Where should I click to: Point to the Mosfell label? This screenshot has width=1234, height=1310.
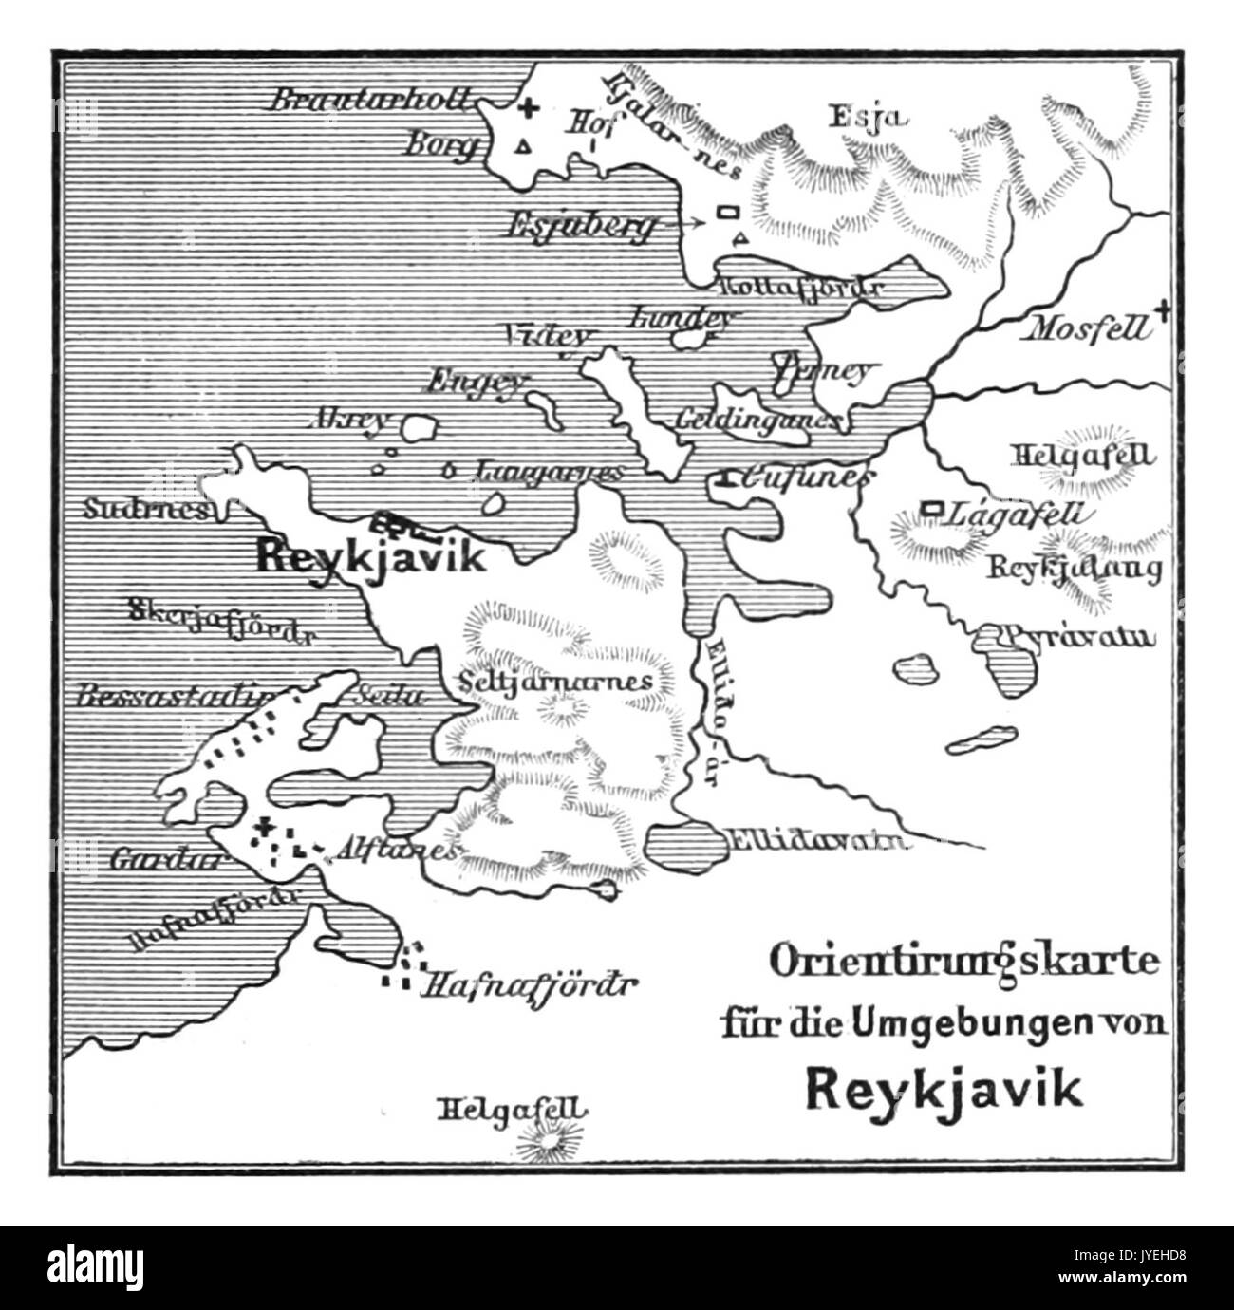tap(1085, 329)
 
